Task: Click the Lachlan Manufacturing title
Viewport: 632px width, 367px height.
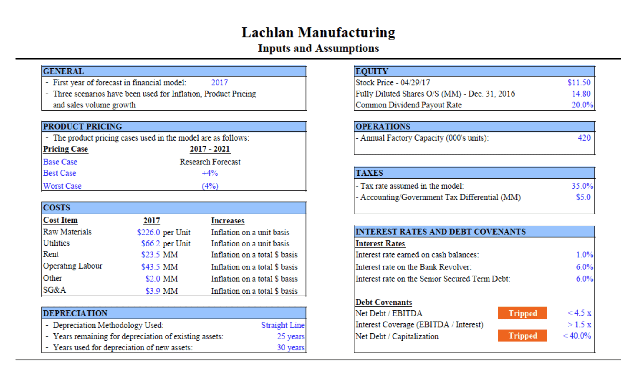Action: point(318,32)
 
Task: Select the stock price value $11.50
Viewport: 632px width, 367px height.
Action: point(579,82)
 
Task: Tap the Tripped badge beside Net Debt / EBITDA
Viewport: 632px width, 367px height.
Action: point(522,313)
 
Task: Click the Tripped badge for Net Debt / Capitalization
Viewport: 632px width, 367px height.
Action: point(522,336)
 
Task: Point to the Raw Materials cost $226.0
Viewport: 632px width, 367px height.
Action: point(148,232)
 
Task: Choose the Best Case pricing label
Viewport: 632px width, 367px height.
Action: point(59,173)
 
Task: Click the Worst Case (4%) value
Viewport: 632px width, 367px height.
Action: point(210,186)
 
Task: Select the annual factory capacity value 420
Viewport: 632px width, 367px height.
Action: point(584,138)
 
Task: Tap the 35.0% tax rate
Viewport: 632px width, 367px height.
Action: point(582,186)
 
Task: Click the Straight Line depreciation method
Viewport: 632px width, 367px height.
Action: point(283,325)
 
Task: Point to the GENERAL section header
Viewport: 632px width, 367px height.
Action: point(64,71)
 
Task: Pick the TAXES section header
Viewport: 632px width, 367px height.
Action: point(369,173)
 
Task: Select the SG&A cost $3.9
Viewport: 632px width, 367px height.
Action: point(153,291)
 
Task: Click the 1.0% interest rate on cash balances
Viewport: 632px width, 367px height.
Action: point(584,255)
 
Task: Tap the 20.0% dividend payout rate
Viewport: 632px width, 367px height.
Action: point(582,105)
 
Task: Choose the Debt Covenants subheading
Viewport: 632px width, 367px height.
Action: point(383,302)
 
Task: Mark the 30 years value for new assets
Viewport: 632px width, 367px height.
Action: point(291,347)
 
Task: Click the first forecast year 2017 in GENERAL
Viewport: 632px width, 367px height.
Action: point(219,82)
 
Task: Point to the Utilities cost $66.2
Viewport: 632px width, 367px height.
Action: point(150,243)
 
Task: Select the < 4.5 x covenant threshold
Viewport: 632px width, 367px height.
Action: point(579,313)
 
